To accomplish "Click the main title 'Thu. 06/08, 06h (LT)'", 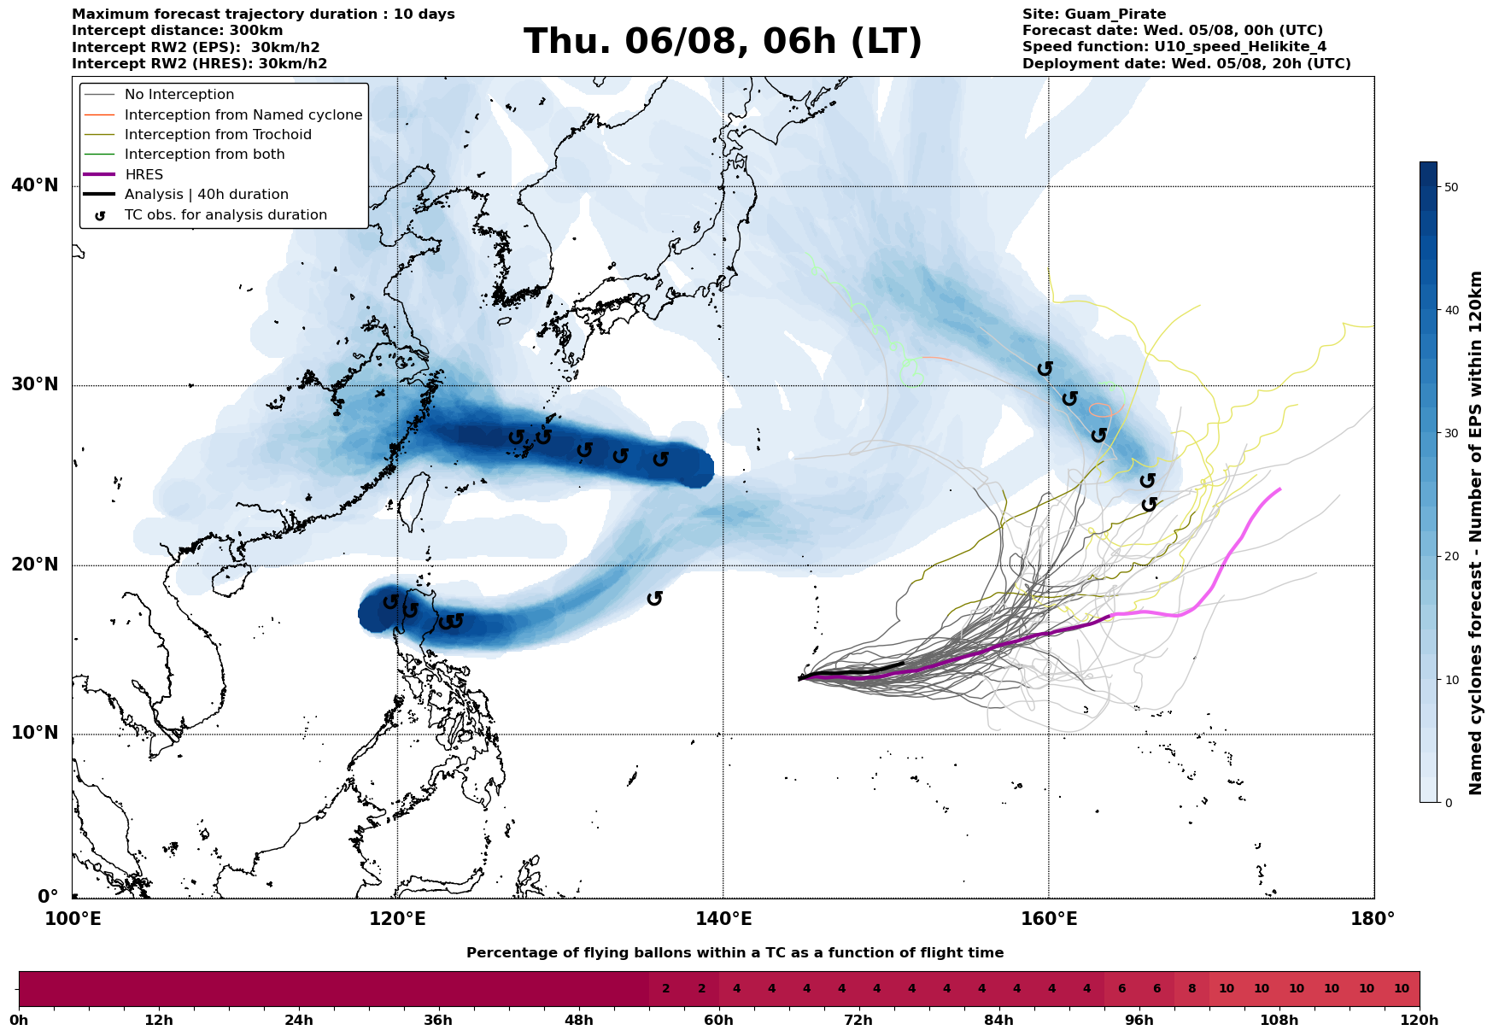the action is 723,42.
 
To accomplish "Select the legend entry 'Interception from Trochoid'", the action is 218,135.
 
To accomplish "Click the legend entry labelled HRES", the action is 143,174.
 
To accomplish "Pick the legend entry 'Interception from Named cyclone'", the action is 243,115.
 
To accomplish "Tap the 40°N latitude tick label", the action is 35,185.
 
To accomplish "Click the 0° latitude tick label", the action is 48,897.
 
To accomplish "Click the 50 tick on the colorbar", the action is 1449,187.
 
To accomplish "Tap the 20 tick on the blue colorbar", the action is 1449,557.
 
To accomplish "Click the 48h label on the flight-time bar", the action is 579,1021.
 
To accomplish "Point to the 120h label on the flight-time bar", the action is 1419,1021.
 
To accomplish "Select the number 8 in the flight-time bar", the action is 1191,989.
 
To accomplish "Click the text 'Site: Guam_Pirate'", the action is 1094,15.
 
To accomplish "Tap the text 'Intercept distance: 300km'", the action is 178,31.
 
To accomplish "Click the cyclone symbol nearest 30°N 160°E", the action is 1045,368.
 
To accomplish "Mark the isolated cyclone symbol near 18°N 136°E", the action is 655,598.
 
